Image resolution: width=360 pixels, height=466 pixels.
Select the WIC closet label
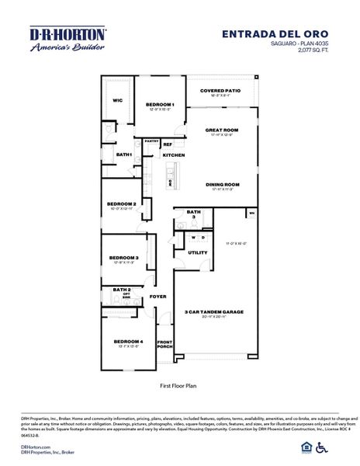point(118,100)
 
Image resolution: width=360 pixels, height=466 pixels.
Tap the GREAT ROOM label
point(222,130)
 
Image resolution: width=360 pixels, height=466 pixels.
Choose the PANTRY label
point(151,141)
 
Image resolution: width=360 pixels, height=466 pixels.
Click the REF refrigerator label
point(168,144)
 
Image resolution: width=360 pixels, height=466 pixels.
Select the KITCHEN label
point(173,155)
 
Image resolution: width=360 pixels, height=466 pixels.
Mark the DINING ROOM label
point(222,184)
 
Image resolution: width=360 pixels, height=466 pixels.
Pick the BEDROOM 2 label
point(123,204)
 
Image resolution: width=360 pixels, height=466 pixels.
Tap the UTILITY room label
point(198,252)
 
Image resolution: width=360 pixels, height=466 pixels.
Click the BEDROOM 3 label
point(123,258)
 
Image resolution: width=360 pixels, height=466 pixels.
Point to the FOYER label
point(158,296)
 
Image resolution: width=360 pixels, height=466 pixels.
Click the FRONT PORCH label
point(164,345)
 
